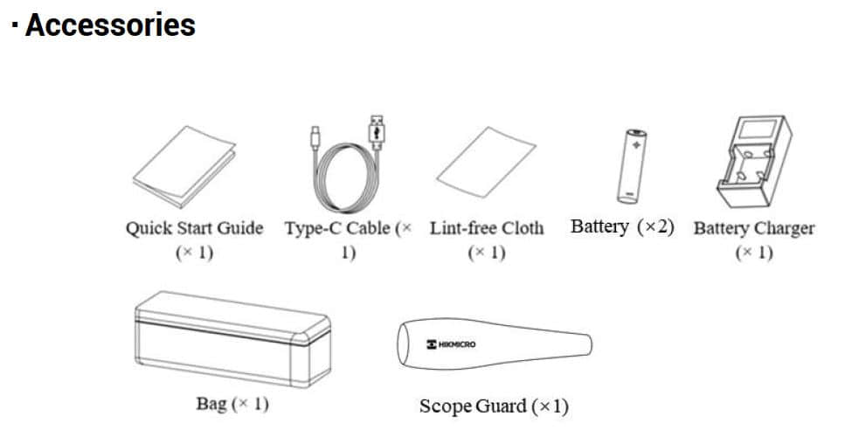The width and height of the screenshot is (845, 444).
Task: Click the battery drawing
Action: [631, 166]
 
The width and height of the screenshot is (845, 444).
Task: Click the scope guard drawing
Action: [495, 343]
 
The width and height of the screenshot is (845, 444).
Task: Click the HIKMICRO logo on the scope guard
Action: [452, 345]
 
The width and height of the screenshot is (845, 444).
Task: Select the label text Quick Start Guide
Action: [194, 228]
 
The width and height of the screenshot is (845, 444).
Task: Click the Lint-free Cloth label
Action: [486, 228]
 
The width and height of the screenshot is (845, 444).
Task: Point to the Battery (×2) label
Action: [622, 227]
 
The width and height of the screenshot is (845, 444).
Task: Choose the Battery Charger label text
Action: [753, 229]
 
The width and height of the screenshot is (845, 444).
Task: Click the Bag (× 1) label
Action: [232, 405]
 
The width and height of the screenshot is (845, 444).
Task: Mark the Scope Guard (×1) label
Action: [494, 406]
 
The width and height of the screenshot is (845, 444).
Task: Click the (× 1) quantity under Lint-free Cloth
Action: [486, 253]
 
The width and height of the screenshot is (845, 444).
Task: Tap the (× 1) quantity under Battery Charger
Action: [753, 253]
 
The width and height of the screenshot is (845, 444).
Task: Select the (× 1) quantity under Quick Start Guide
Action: [194, 253]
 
